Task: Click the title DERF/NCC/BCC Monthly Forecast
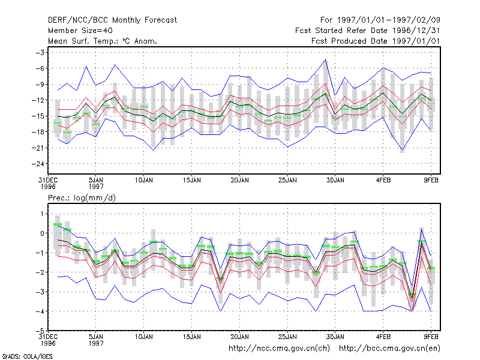[x=112, y=20]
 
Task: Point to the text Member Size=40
[x=80, y=31]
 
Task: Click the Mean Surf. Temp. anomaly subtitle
[x=102, y=41]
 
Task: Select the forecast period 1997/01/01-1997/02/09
[x=380, y=20]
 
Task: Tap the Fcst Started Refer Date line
[x=367, y=31]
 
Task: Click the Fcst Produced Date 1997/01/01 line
[x=376, y=41]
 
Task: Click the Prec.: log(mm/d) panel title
[x=82, y=198]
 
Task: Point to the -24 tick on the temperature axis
[x=38, y=164]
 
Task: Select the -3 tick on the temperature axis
[x=40, y=53]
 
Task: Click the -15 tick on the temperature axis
[x=38, y=116]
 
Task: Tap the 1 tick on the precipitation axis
[x=42, y=214]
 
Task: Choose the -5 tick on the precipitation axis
[x=40, y=331]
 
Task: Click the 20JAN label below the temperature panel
[x=239, y=180]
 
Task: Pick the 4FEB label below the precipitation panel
[x=383, y=337]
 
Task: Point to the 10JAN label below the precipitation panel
[x=144, y=337]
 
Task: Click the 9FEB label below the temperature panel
[x=431, y=180]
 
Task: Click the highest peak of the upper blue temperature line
[x=325, y=59]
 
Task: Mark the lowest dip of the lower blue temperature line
[x=402, y=150]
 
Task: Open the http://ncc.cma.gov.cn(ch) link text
[x=279, y=349]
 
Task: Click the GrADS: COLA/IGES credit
[x=27, y=356]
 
